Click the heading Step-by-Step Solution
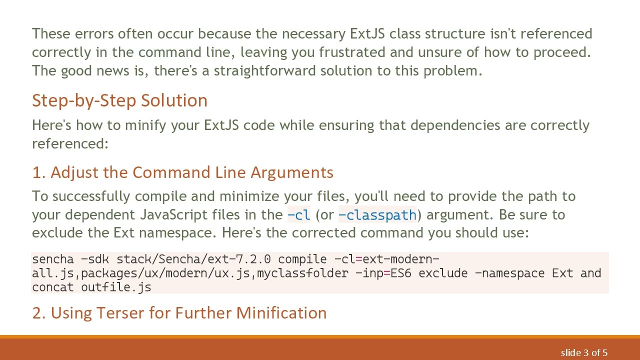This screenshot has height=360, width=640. click(x=119, y=100)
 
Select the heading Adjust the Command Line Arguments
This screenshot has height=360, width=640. click(x=182, y=172)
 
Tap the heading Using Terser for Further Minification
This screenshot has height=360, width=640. click(x=179, y=313)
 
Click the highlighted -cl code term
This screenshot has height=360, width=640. click(x=299, y=215)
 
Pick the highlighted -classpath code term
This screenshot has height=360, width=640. click(x=377, y=215)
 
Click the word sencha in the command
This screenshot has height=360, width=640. click(x=52, y=259)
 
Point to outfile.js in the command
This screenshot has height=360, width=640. click(x=116, y=287)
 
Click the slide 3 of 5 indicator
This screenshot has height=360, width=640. click(x=584, y=352)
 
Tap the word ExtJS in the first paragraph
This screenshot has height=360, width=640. click(x=366, y=34)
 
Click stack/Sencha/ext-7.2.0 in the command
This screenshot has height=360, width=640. click(x=194, y=259)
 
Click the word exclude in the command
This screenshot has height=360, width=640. click(x=446, y=273)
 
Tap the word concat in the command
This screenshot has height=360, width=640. click(x=52, y=287)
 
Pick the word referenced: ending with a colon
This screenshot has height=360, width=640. click(x=70, y=144)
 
